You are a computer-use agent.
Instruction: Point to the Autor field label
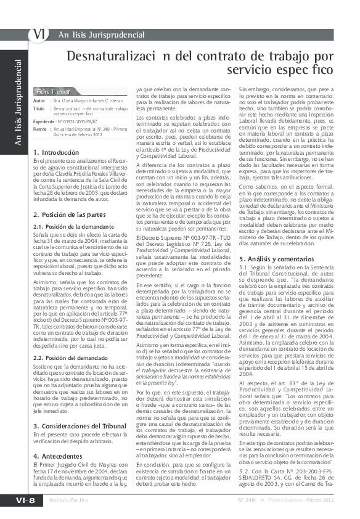pyautogui.click(x=39, y=100)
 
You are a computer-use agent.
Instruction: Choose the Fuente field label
pyautogui.click(x=40, y=129)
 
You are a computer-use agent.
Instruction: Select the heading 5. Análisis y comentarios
pyautogui.click(x=275, y=242)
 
